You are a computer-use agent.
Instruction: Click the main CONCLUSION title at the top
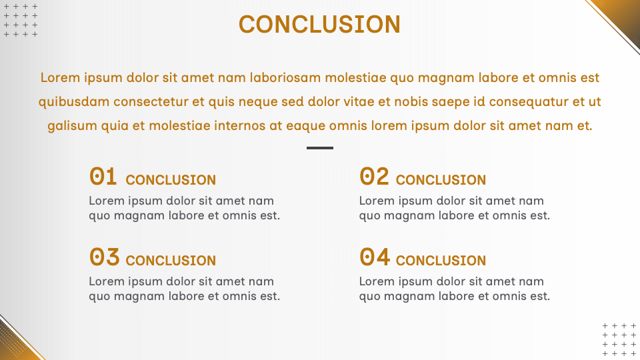pos(319,24)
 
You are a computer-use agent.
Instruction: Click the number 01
pos(103,176)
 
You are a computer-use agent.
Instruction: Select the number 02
pos(374,176)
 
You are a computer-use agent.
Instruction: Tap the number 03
pos(104,257)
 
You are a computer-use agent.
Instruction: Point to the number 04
pos(374,257)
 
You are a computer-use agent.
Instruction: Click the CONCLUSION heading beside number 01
pos(171,180)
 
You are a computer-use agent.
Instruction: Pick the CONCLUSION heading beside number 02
pos(441,180)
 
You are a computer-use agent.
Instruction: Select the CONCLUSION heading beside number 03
pos(171,261)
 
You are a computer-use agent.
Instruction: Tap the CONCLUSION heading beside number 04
pos(441,261)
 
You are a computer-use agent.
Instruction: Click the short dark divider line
pos(320,148)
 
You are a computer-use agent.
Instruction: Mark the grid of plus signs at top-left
pos(21,21)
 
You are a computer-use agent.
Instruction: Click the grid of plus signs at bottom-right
pos(619,339)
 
